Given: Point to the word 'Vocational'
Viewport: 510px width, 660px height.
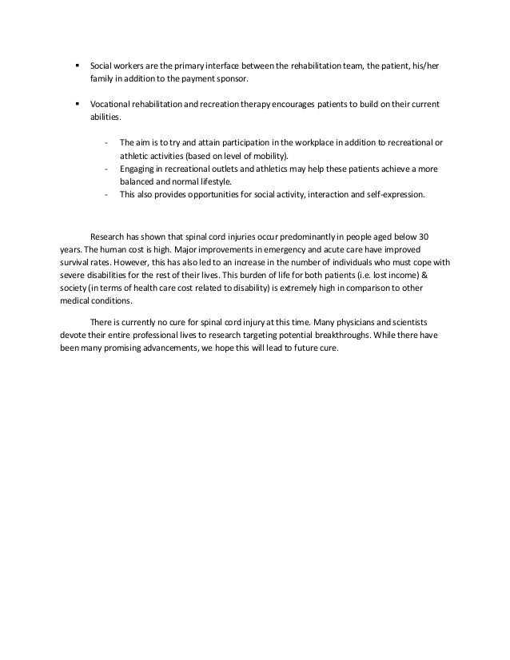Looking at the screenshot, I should point(109,105).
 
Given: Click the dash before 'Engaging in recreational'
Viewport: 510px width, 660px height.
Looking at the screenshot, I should point(106,169).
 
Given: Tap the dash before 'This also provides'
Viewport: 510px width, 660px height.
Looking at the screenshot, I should point(106,194).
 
